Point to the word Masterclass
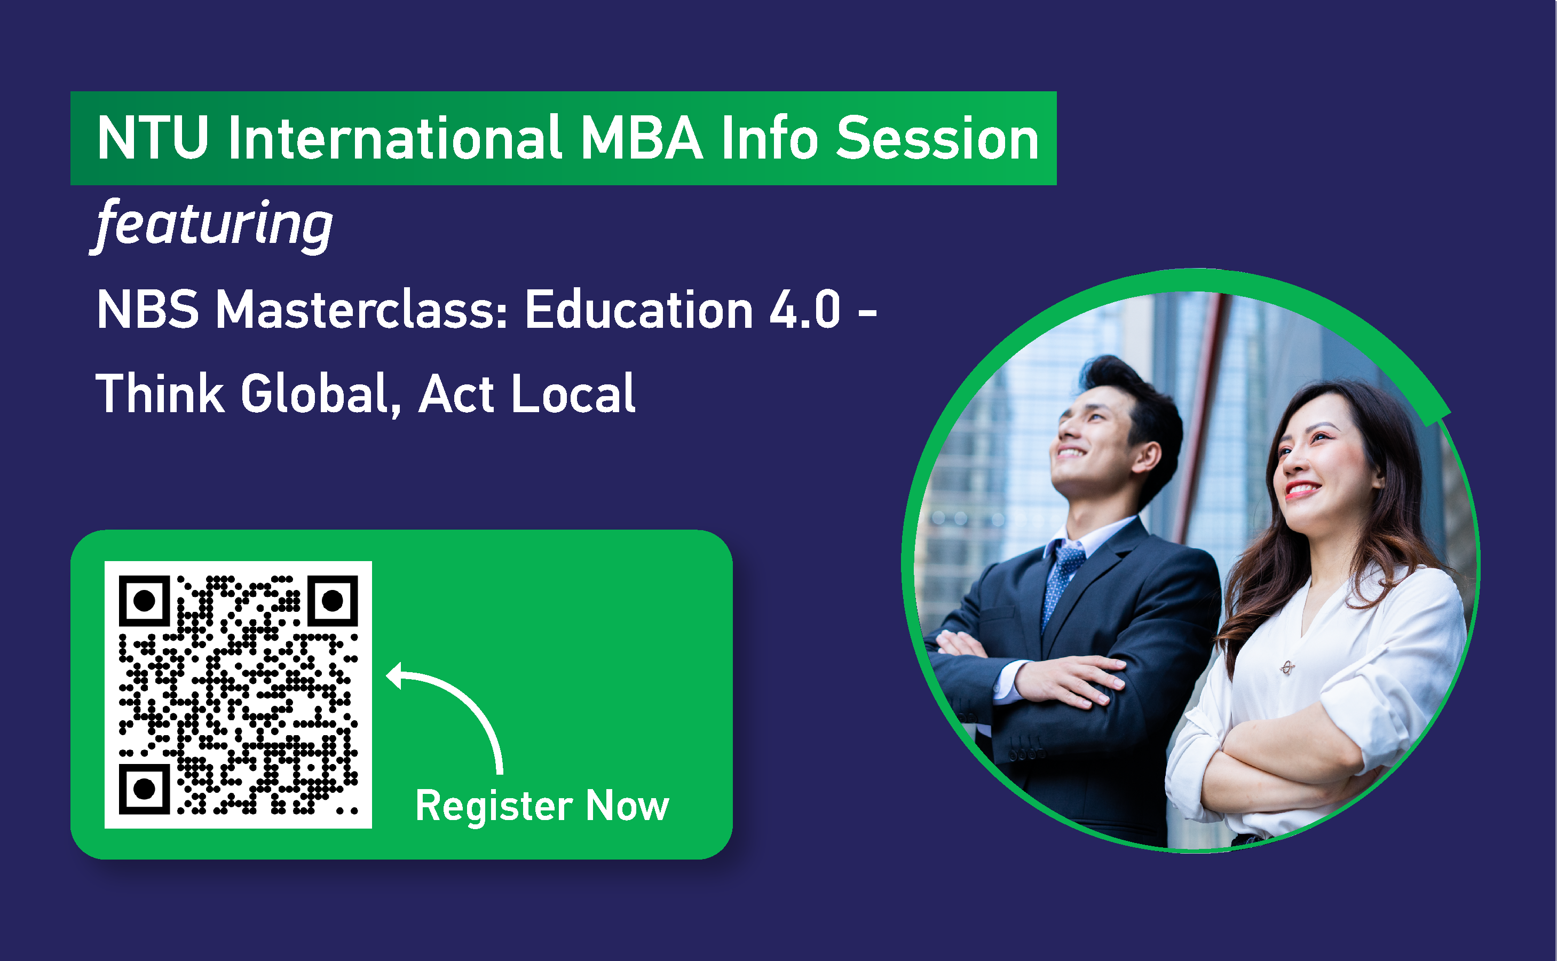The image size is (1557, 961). [361, 310]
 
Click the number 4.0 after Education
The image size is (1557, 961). [805, 310]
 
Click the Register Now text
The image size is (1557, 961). [542, 806]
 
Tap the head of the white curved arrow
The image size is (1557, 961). [395, 675]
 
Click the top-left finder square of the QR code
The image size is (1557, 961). [144, 600]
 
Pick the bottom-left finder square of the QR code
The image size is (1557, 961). [144, 789]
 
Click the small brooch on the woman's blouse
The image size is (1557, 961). [1287, 667]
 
